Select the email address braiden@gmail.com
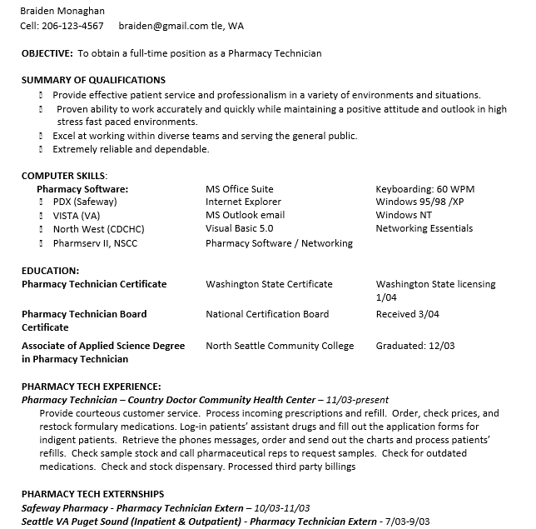tap(163, 26)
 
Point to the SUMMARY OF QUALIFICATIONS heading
tap(93, 80)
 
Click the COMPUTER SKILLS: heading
tap(64, 176)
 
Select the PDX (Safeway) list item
tap(85, 202)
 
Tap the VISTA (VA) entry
tap(77, 216)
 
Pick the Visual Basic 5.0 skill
tap(239, 228)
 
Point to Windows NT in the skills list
tap(404, 215)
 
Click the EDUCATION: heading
tap(50, 271)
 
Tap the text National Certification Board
tap(267, 314)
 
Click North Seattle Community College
tap(280, 346)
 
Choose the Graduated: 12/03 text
tap(415, 346)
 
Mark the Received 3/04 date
tap(407, 314)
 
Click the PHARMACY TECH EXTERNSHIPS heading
tap(92, 494)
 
